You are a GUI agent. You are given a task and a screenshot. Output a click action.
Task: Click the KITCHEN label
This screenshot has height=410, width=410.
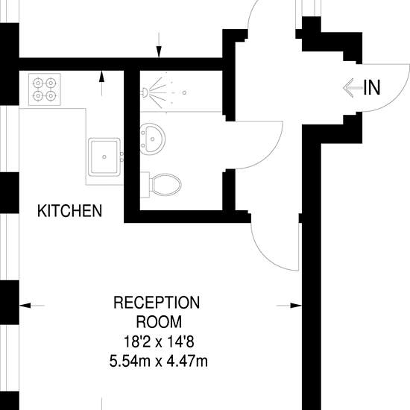(69, 211)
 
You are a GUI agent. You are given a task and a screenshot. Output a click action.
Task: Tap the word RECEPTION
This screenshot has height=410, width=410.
(157, 303)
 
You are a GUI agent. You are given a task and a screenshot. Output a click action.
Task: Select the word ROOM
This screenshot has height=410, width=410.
(159, 322)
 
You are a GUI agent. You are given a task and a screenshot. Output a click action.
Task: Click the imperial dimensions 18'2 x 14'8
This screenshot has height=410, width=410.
(159, 341)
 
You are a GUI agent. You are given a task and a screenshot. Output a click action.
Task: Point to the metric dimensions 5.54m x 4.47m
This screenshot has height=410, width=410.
(159, 362)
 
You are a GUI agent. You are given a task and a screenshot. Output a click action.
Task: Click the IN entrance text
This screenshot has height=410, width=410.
(372, 88)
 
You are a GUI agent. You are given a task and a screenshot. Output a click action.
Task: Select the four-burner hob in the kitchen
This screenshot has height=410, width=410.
(45, 89)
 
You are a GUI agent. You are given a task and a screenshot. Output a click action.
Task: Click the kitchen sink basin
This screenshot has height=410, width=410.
(104, 157)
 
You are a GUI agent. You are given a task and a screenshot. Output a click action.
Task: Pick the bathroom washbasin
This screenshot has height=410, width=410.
(152, 139)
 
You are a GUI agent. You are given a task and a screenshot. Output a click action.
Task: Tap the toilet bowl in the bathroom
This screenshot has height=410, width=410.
(166, 185)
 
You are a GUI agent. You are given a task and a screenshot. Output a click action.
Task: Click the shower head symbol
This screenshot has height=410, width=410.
(145, 92)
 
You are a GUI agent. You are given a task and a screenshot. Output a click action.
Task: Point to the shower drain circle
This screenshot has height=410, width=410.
(184, 92)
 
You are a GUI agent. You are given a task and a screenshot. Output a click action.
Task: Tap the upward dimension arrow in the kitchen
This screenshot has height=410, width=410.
(101, 83)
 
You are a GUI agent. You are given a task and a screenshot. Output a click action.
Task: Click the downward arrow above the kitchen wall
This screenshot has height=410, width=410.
(159, 45)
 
